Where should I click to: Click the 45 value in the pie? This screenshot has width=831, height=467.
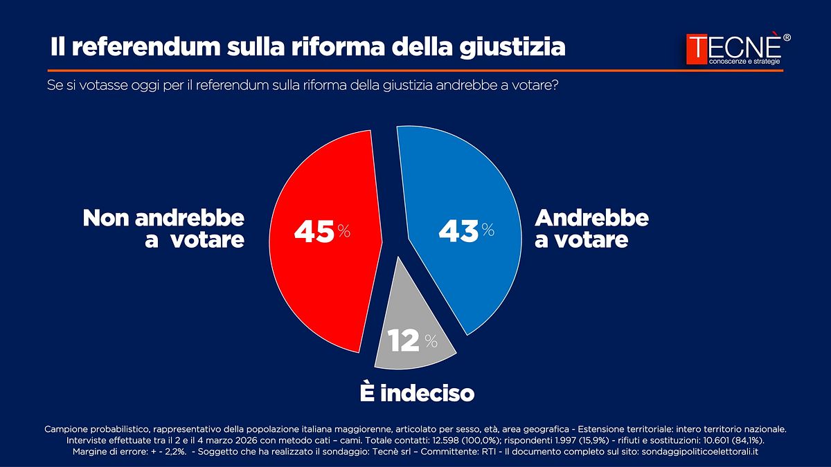[314, 232]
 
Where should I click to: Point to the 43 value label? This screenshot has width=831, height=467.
[458, 232]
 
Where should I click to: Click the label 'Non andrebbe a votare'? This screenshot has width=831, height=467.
[164, 229]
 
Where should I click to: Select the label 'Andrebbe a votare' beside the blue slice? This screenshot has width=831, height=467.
[591, 229]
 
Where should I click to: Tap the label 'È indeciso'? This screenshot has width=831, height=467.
[417, 394]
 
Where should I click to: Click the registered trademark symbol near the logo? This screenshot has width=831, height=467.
[786, 37]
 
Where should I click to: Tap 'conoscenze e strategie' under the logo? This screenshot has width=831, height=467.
[744, 63]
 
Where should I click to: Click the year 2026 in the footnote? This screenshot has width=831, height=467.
[271, 440]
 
